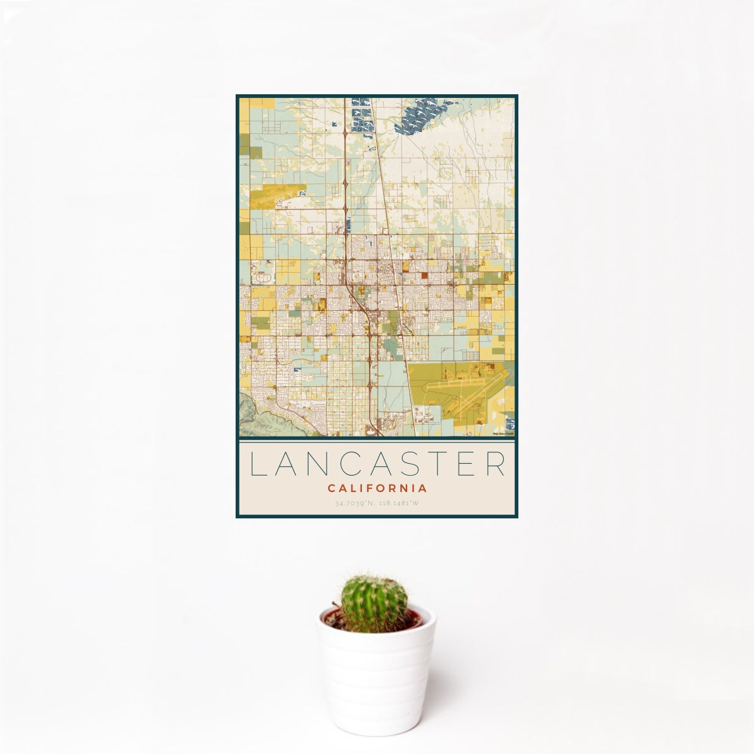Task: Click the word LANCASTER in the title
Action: (377, 464)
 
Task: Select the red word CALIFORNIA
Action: (377, 488)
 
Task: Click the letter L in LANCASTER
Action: (256, 464)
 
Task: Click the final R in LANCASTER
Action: (496, 464)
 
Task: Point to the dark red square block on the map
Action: (424, 275)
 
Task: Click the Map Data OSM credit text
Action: (503, 433)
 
